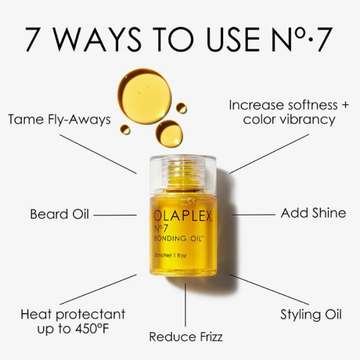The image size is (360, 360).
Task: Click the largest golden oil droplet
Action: [144, 96]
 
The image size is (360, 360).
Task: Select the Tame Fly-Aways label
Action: [59, 119]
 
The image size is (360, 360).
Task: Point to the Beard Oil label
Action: [59, 214]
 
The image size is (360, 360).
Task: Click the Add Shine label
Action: [313, 213]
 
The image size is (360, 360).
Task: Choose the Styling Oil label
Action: [311, 314]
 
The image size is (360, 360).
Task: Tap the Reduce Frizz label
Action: [186, 336]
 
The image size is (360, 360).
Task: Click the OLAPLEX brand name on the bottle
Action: [183, 216]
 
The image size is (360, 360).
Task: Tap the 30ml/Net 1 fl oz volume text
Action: [170, 256]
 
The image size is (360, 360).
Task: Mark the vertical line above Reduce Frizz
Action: [185, 305]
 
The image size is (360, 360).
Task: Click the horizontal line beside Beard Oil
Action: [115, 215]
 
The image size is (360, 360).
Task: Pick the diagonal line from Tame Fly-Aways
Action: [98, 154]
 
